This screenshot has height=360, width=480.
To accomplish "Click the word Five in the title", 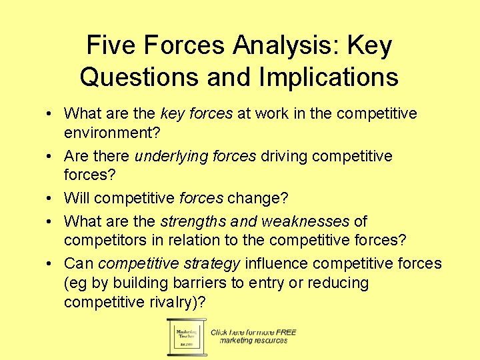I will (x=110, y=45).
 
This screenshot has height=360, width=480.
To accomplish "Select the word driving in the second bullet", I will (x=283, y=156).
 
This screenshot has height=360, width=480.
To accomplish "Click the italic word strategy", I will (x=211, y=263).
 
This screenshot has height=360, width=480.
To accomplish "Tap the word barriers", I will (x=199, y=283).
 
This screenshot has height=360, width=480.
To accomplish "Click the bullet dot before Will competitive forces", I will (x=51, y=199).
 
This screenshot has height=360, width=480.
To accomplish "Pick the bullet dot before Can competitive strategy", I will (x=51, y=264).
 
